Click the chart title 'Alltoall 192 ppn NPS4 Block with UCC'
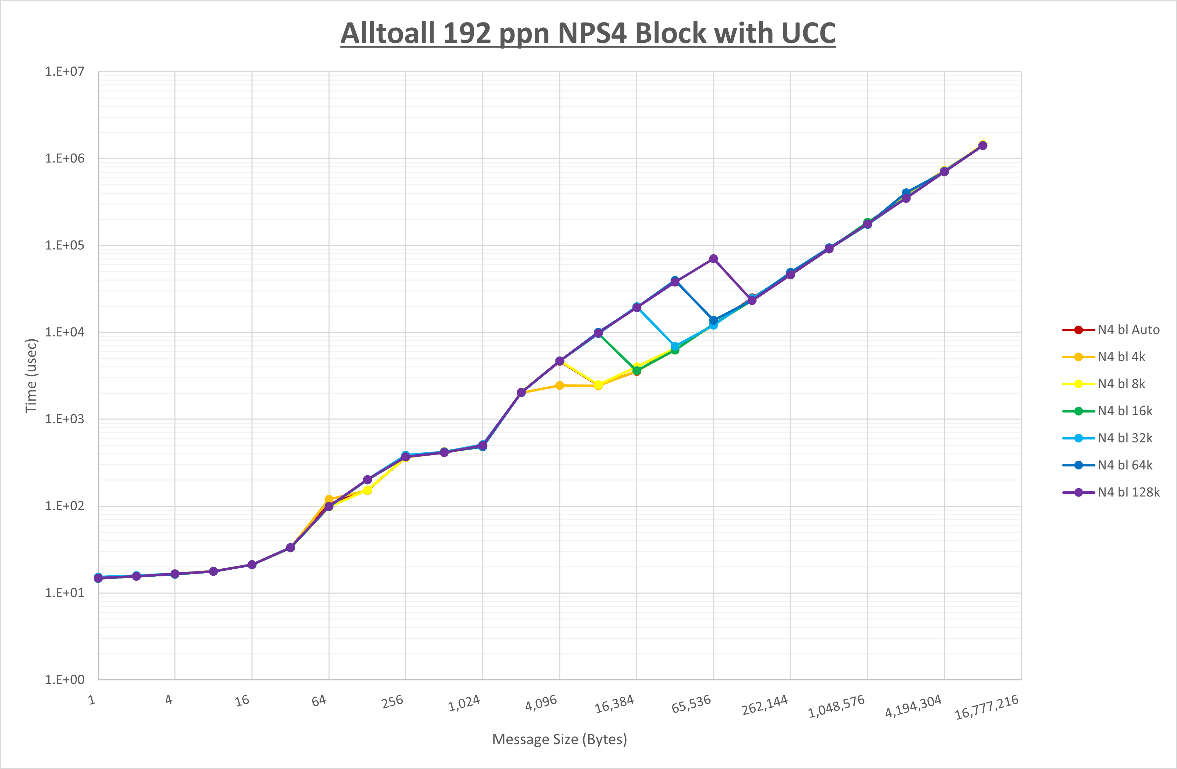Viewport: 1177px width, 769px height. (588, 33)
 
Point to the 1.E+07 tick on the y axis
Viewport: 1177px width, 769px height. (65, 72)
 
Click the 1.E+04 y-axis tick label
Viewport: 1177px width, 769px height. (65, 332)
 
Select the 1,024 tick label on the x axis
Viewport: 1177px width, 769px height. (464, 703)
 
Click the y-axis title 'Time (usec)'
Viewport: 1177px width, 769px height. (31, 376)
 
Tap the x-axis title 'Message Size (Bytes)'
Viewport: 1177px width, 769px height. (559, 739)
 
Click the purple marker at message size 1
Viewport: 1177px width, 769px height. (98, 578)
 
